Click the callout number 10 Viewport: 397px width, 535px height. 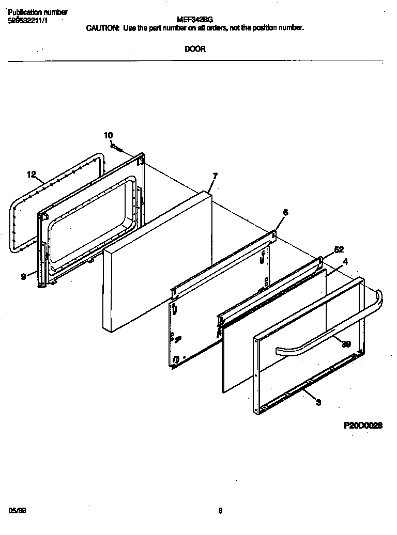108,135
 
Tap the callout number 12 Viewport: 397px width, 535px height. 32,175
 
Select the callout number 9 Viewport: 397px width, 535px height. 23,277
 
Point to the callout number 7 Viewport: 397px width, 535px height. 215,176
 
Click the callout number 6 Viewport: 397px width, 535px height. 285,212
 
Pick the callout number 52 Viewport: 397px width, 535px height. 339,249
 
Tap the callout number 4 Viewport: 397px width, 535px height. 345,262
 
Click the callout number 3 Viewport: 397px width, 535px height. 318,402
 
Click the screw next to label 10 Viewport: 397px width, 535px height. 117,148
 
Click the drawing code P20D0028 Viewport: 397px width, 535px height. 363,426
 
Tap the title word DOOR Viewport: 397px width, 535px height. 195,50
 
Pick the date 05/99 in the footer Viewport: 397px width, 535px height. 17,511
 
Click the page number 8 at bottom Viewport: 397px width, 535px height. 220,511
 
